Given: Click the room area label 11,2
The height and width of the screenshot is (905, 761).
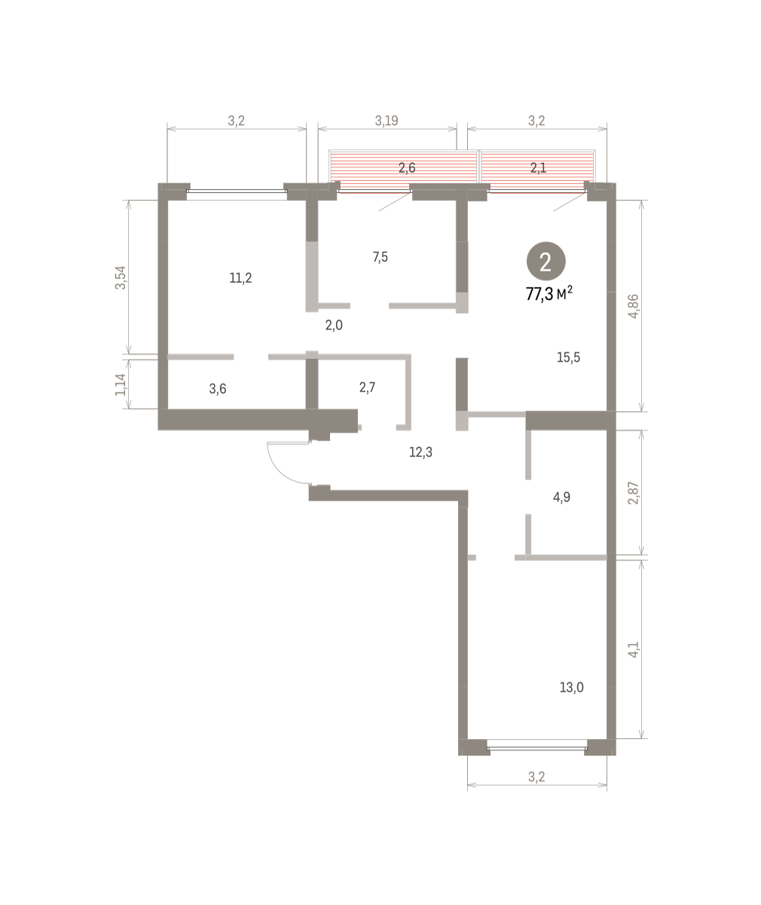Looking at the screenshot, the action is (240, 278).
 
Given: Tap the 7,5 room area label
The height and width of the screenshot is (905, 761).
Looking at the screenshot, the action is (380, 257).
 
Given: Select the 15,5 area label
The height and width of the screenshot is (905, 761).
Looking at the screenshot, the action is (568, 357).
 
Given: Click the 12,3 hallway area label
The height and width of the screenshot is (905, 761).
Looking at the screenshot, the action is (420, 452).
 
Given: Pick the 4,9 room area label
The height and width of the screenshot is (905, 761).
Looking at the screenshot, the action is (561, 497).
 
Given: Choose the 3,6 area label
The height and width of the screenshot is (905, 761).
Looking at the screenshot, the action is (218, 389).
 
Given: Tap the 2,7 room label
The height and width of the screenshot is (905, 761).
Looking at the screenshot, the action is (367, 388).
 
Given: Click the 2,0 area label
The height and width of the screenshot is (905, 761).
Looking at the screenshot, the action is (334, 325).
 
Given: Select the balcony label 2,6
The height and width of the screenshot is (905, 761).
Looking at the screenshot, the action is (407, 167).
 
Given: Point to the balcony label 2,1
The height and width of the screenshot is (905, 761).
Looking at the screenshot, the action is (539, 167).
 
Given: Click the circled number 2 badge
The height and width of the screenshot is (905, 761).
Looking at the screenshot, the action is (546, 262).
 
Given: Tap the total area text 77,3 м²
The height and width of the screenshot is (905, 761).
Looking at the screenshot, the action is (549, 294).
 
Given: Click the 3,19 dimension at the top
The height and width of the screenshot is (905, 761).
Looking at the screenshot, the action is (387, 121).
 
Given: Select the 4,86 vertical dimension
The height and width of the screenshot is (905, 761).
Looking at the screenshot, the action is (633, 306).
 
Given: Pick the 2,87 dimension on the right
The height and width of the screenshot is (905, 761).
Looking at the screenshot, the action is (633, 492).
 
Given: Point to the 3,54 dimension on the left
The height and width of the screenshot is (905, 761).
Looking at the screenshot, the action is (121, 278).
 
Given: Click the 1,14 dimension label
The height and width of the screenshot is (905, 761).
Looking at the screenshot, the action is (121, 385).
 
